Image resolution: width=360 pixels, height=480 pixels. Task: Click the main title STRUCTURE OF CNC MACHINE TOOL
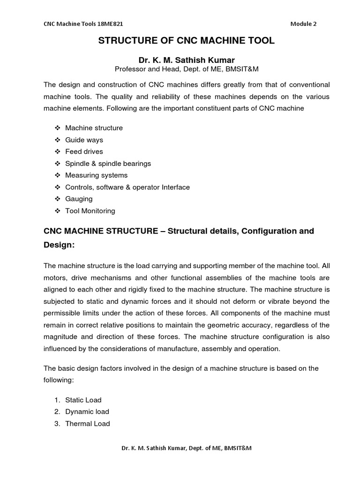click(186, 41)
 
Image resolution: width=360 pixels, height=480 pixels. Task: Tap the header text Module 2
click(303, 24)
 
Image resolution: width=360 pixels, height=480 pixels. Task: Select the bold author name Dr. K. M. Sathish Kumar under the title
click(186, 60)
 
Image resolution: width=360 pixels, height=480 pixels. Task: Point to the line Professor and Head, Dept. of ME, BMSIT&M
click(186, 69)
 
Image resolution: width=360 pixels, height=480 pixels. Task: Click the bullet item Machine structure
click(94, 128)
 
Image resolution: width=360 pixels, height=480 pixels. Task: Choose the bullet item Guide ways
click(84, 140)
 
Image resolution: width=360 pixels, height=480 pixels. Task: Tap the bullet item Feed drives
click(84, 151)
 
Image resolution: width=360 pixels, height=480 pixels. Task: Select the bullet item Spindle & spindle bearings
click(108, 164)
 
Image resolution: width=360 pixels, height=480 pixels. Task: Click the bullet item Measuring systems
click(96, 175)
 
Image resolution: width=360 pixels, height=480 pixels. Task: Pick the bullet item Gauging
click(79, 199)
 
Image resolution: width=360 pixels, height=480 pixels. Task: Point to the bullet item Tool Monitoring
click(90, 211)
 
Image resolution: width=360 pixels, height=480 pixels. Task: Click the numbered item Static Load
click(83, 400)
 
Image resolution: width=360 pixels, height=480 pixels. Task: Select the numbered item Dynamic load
click(87, 412)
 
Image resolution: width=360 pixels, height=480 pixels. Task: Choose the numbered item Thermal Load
click(88, 424)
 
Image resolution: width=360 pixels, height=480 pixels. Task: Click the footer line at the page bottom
click(186, 448)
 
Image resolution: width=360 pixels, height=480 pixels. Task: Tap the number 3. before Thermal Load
click(57, 424)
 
